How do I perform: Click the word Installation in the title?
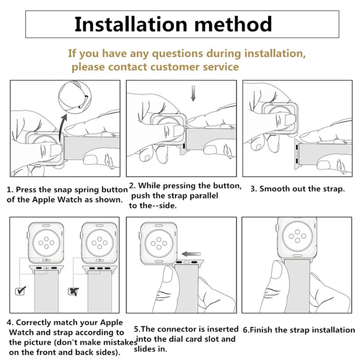tap(130, 24)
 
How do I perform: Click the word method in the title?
tap(233, 24)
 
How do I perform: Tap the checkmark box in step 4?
tap(20, 291)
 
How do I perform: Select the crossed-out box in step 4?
tap(73, 291)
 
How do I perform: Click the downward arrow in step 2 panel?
tap(193, 94)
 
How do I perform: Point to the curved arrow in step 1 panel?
tap(62, 127)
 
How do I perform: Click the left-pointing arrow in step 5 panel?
tap(191, 254)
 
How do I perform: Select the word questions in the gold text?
tap(177, 54)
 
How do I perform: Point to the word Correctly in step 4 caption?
tap(34, 323)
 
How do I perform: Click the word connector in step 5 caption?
tap(178, 329)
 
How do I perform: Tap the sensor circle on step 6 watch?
tap(297, 237)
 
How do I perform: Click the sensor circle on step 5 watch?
tap(159, 243)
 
